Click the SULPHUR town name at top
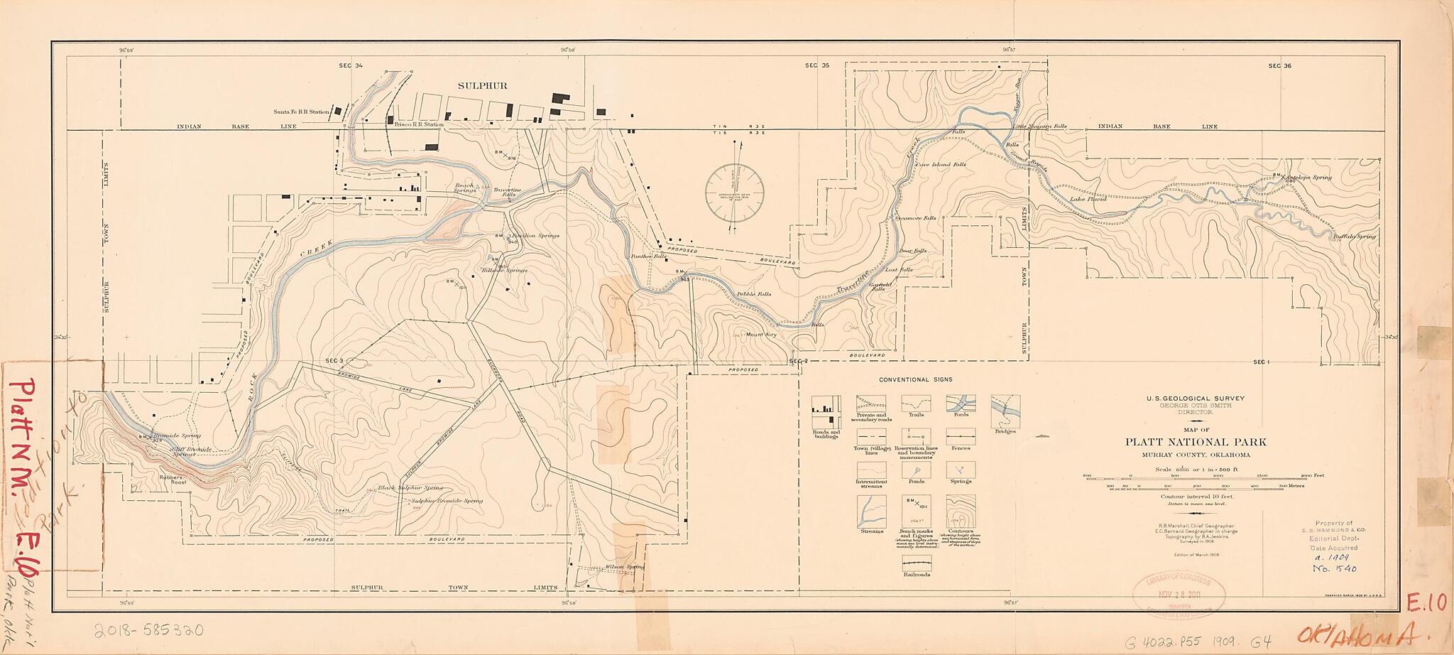(x=482, y=86)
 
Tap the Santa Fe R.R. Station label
(x=302, y=112)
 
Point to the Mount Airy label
(x=761, y=334)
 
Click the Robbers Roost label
(x=173, y=480)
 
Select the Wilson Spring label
(x=624, y=567)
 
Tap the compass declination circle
(x=734, y=193)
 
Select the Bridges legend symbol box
(x=1005, y=411)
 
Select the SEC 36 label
(x=1279, y=66)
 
